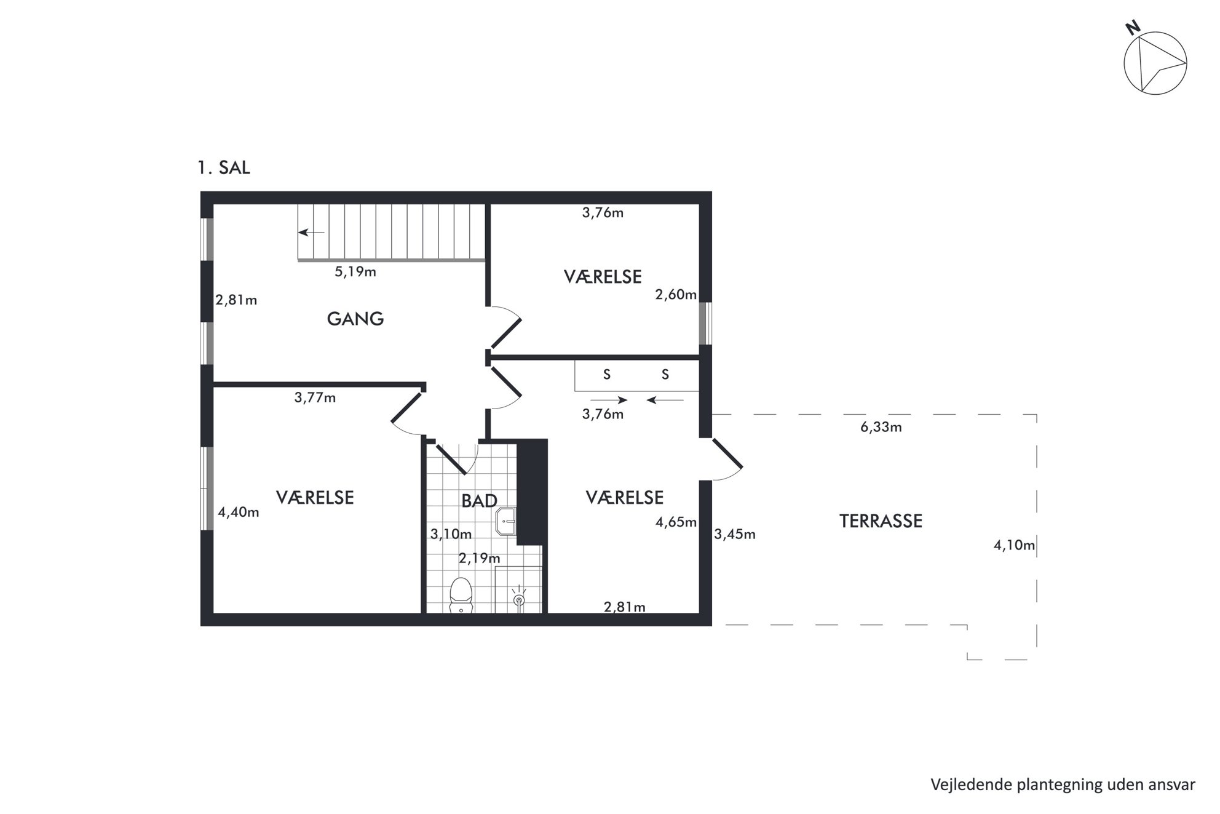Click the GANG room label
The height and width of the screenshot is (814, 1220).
pos(355,319)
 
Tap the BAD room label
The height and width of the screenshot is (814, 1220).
pos(479,501)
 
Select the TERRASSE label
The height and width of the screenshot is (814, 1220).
pos(881,521)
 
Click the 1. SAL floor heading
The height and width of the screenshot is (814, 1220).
pos(224,168)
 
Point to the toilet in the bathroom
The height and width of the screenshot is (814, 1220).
pos(461,594)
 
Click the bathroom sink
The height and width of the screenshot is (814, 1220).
pos(505,522)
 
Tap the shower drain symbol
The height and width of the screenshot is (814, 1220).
pos(519,599)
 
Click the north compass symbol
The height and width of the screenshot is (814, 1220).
pos(1154,62)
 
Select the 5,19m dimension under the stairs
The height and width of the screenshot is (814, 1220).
pos(355,272)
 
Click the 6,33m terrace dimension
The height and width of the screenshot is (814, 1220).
pos(881,427)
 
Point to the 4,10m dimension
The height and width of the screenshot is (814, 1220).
pos(1014,545)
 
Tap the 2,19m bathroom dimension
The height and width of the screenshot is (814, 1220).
pos(480,559)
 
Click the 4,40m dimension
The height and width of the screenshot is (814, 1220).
pos(239,513)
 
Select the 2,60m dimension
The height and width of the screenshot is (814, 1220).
pos(676,295)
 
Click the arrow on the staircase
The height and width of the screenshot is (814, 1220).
pos(311,233)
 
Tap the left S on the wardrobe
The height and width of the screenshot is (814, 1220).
pos(607,375)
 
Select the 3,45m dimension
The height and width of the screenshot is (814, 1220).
pos(735,535)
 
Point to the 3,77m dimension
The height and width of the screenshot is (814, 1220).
pos(315,398)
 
